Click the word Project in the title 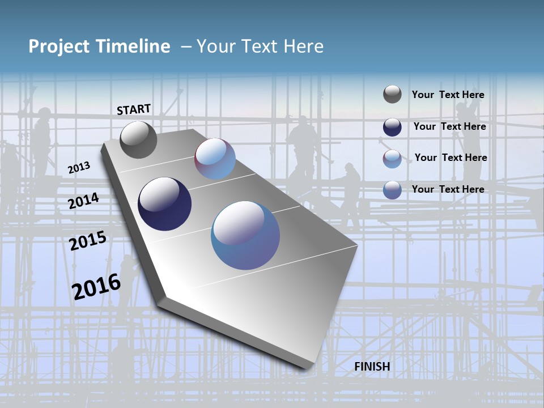pos(59,47)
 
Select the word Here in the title pos(303,46)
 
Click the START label pos(134,109)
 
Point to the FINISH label pos(372,367)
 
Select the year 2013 pos(79,167)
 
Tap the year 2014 pos(83,201)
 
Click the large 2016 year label pos(96,287)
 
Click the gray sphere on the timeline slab pos(138,140)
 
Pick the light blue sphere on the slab pos(215,159)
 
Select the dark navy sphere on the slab pos(164,204)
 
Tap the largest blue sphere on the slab pos(245,235)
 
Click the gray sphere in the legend pos(392,94)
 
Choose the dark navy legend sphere pos(392,127)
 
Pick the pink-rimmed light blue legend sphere pos(392,159)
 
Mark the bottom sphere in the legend pos(392,190)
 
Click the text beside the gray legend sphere pos(448,95)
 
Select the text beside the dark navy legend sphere pos(449,126)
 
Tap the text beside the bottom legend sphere pos(448,189)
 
